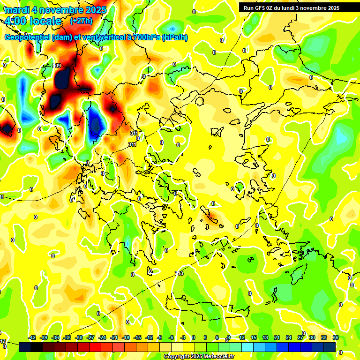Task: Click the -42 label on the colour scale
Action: coord(32,337)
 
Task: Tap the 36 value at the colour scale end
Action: coord(336,337)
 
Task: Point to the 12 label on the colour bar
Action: coord(242,337)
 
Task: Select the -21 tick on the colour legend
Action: coord(114,337)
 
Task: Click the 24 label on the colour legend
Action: coord(288,337)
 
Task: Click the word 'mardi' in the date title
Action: coord(17,10)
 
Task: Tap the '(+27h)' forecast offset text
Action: coord(81,21)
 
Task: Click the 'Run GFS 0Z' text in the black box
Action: coord(259,8)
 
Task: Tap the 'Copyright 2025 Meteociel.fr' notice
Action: coord(199,356)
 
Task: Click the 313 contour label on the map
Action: coord(179,274)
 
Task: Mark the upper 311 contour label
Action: coord(134,133)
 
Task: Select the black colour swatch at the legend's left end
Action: coord(25,347)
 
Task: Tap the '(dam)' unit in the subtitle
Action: coord(62,37)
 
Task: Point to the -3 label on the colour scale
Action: coord(183,337)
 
